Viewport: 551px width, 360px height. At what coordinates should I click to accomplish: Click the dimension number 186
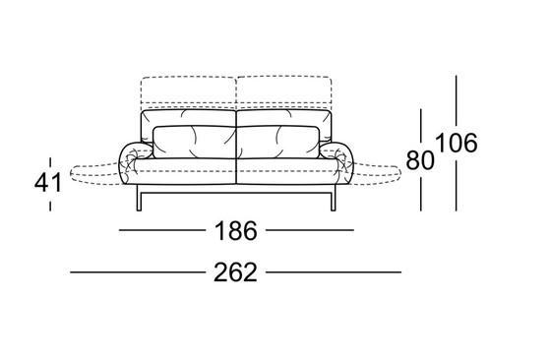point(235,231)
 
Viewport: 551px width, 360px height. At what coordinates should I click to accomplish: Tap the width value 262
point(235,272)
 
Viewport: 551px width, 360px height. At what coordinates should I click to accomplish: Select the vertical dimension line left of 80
point(421,157)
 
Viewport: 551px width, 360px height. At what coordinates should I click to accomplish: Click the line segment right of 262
point(335,272)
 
